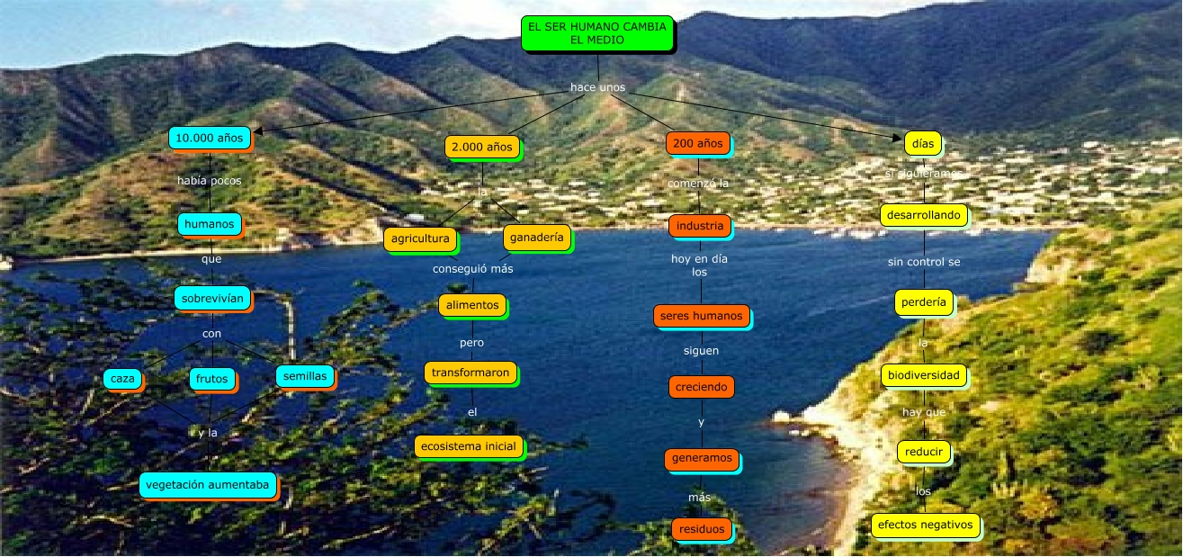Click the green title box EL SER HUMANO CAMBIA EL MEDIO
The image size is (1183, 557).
point(597,33)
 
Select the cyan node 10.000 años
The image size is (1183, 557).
point(209,138)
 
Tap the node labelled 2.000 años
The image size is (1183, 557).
point(481,146)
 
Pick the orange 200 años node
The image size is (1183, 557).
point(697,142)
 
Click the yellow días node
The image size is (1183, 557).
point(922,142)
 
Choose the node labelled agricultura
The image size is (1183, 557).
point(419,238)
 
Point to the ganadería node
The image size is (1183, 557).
point(536,237)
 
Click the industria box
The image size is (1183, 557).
point(699,225)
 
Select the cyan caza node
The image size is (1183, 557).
point(122,379)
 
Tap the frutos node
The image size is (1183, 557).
point(212,379)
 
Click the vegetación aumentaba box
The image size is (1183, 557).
point(207,484)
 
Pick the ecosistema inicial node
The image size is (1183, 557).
point(468,445)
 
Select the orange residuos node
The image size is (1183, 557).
point(701,529)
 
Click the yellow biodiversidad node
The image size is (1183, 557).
point(924,374)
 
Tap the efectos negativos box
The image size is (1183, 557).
point(925,525)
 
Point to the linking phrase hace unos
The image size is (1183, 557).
point(597,87)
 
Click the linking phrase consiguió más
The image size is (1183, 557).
point(472,268)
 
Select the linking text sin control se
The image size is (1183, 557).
point(924,262)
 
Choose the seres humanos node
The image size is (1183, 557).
point(701,316)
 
